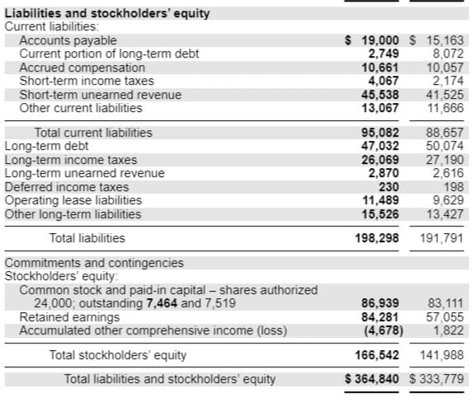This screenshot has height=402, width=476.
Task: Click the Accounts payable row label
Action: point(68,40)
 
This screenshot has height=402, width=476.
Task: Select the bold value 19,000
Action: point(382,40)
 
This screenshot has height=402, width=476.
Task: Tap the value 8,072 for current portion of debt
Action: point(447,54)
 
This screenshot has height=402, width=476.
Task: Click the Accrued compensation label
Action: point(82,68)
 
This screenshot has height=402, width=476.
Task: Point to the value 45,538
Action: point(382,95)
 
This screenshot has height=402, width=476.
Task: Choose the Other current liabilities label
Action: point(81,108)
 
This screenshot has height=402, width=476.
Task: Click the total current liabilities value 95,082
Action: point(382,133)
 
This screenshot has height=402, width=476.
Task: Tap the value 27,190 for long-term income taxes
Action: point(447,160)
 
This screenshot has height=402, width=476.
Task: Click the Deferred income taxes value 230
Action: point(390,187)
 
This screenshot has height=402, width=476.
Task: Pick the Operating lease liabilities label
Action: point(73,201)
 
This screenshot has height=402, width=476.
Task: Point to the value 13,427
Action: point(447,214)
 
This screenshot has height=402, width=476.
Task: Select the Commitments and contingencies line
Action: point(94,264)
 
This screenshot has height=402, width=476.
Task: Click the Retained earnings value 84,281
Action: point(382,317)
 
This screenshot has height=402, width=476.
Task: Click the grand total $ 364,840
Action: point(373,380)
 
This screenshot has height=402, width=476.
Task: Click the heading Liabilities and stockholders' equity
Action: point(107,13)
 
